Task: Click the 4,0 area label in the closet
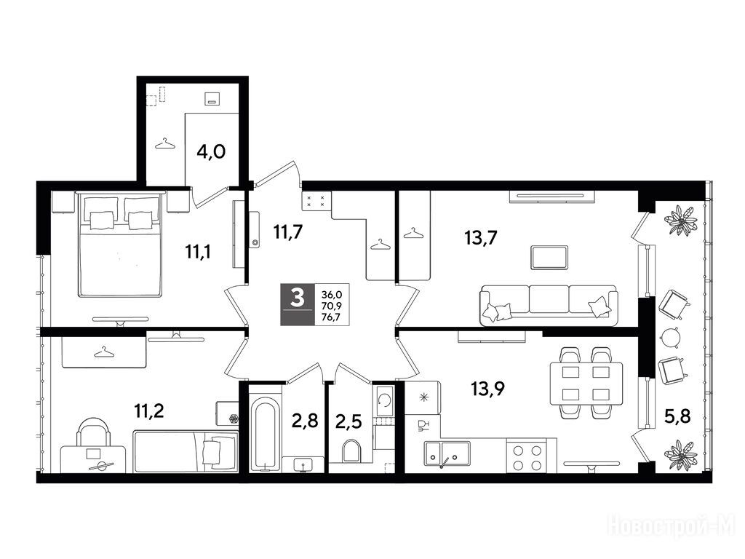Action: tap(211, 152)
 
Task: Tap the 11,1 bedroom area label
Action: tap(198, 251)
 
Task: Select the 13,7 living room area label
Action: tap(480, 237)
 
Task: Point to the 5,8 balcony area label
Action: tap(677, 417)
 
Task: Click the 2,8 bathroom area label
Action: tap(304, 420)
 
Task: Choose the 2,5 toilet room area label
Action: tap(348, 421)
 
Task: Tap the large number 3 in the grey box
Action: tap(297, 298)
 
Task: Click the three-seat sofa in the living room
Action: tap(549, 305)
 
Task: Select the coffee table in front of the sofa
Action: tap(549, 257)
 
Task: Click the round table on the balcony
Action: tap(670, 337)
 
